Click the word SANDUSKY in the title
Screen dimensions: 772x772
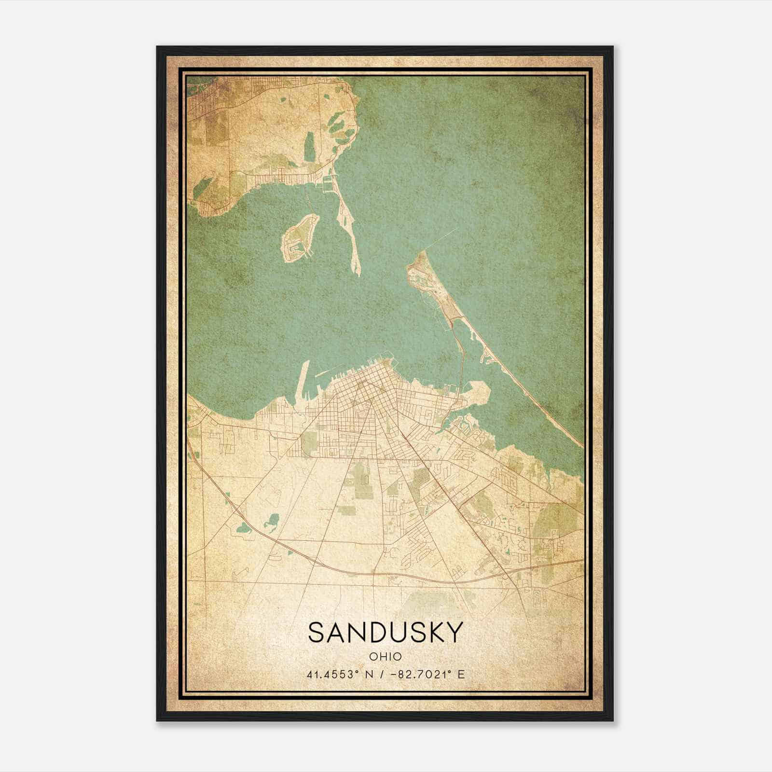click(x=385, y=632)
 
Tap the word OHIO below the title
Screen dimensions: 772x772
click(x=385, y=657)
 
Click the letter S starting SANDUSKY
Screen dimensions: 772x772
click(x=318, y=632)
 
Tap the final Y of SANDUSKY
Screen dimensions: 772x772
click(x=454, y=632)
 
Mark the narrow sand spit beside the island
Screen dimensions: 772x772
click(x=351, y=241)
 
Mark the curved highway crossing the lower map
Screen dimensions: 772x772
click(x=338, y=569)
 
